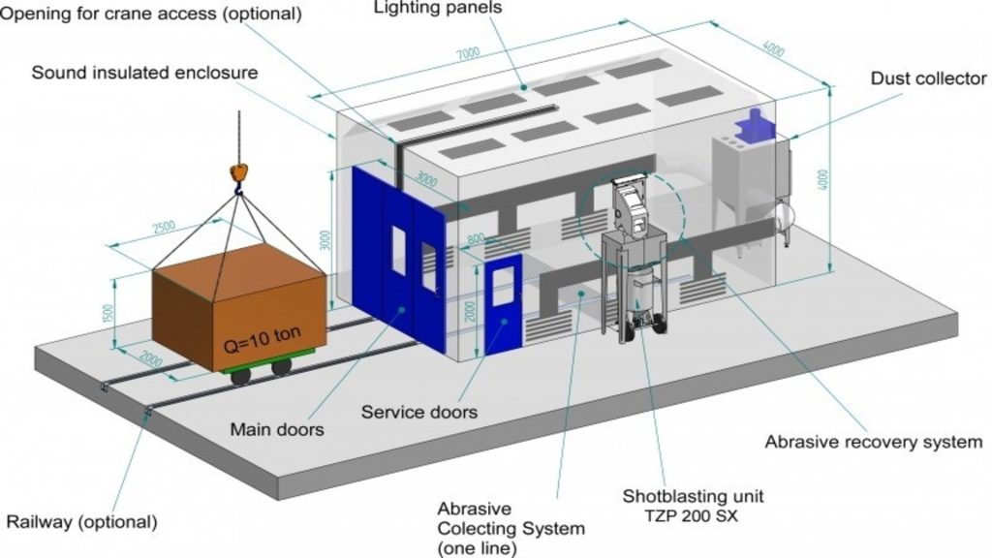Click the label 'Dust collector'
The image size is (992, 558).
point(928,78)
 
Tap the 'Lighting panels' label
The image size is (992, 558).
point(438,8)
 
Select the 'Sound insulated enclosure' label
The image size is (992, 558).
point(145,73)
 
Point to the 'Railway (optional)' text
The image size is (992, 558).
point(81,522)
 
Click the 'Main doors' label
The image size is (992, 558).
point(277,429)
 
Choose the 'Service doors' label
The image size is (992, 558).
point(418,413)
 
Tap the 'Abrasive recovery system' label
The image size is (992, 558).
point(873,442)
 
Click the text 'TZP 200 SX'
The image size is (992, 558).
point(692,516)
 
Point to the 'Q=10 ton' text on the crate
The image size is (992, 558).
point(263,340)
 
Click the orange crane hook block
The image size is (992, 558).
point(238,172)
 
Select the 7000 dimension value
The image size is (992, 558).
point(468,54)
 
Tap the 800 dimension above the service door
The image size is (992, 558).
point(476,239)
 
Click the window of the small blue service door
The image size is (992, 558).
point(504,287)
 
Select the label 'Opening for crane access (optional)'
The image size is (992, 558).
point(150,14)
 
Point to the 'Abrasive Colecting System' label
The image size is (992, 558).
point(511,519)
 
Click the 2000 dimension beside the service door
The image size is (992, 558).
point(470,310)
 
